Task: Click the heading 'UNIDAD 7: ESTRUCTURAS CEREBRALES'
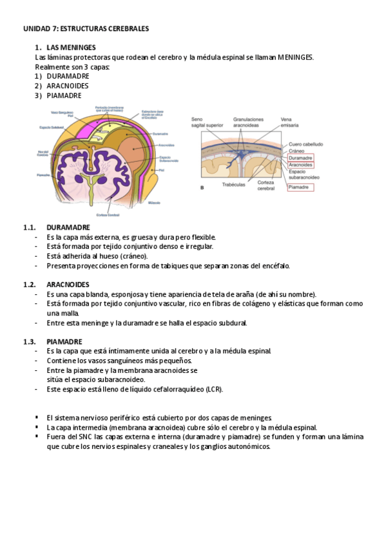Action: (x=86, y=29)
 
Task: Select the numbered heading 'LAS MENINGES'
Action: (x=71, y=48)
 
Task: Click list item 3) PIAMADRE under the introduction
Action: (x=64, y=95)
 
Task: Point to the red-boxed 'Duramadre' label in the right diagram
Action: (x=301, y=157)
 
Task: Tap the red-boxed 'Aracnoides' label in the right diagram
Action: (x=301, y=165)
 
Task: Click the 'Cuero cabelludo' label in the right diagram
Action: (x=306, y=144)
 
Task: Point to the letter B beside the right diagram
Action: (x=203, y=188)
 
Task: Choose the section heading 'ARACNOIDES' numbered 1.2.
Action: (x=68, y=284)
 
